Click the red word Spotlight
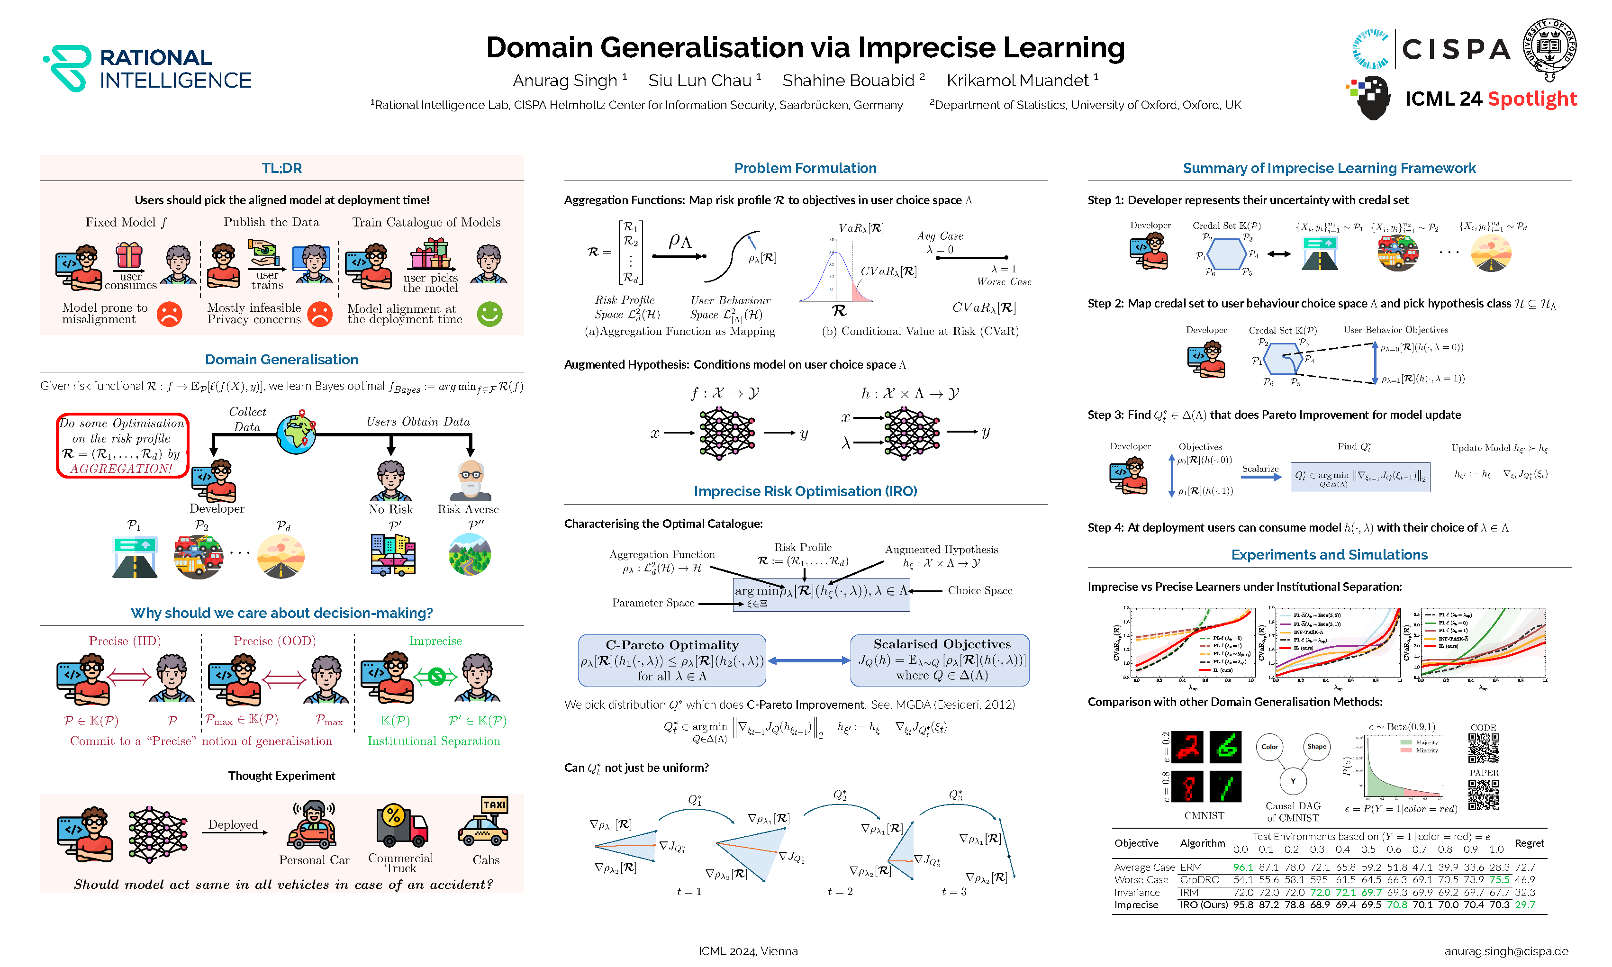click(x=1532, y=99)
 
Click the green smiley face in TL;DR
click(x=489, y=314)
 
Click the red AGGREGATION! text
click(x=121, y=469)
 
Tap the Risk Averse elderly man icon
click(x=470, y=480)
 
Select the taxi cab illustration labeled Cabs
click(x=484, y=823)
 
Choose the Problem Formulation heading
click(x=806, y=168)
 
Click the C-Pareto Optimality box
click(x=672, y=660)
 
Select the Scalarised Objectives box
click(x=941, y=660)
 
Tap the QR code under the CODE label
click(x=1483, y=749)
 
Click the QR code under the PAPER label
click(x=1484, y=795)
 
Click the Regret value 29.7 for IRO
click(x=1525, y=904)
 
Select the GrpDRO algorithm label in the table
click(x=1200, y=880)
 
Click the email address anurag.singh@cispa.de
click(x=1506, y=951)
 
